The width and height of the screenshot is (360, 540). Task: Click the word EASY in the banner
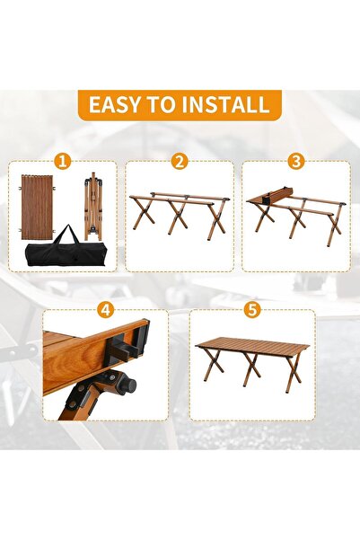tap(115, 105)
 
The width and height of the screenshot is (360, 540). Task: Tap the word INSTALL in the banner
tap(225, 105)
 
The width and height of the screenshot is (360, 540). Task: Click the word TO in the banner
tap(161, 105)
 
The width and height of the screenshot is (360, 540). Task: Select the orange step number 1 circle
tap(62, 161)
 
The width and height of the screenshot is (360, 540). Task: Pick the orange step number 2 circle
tap(180, 161)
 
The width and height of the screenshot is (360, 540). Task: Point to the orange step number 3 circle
tap(296, 161)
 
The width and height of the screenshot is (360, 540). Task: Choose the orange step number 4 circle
tap(106, 310)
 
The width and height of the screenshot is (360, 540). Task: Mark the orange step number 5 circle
tap(252, 310)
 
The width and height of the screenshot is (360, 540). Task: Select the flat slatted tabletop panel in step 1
tap(37, 208)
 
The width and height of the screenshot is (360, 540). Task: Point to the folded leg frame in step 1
tap(93, 207)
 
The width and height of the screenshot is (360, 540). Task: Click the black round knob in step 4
tap(127, 385)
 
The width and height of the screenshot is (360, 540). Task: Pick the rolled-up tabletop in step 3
tap(277, 194)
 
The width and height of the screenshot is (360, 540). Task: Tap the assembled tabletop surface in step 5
tap(252, 347)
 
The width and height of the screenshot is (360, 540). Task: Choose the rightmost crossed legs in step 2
tap(216, 219)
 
